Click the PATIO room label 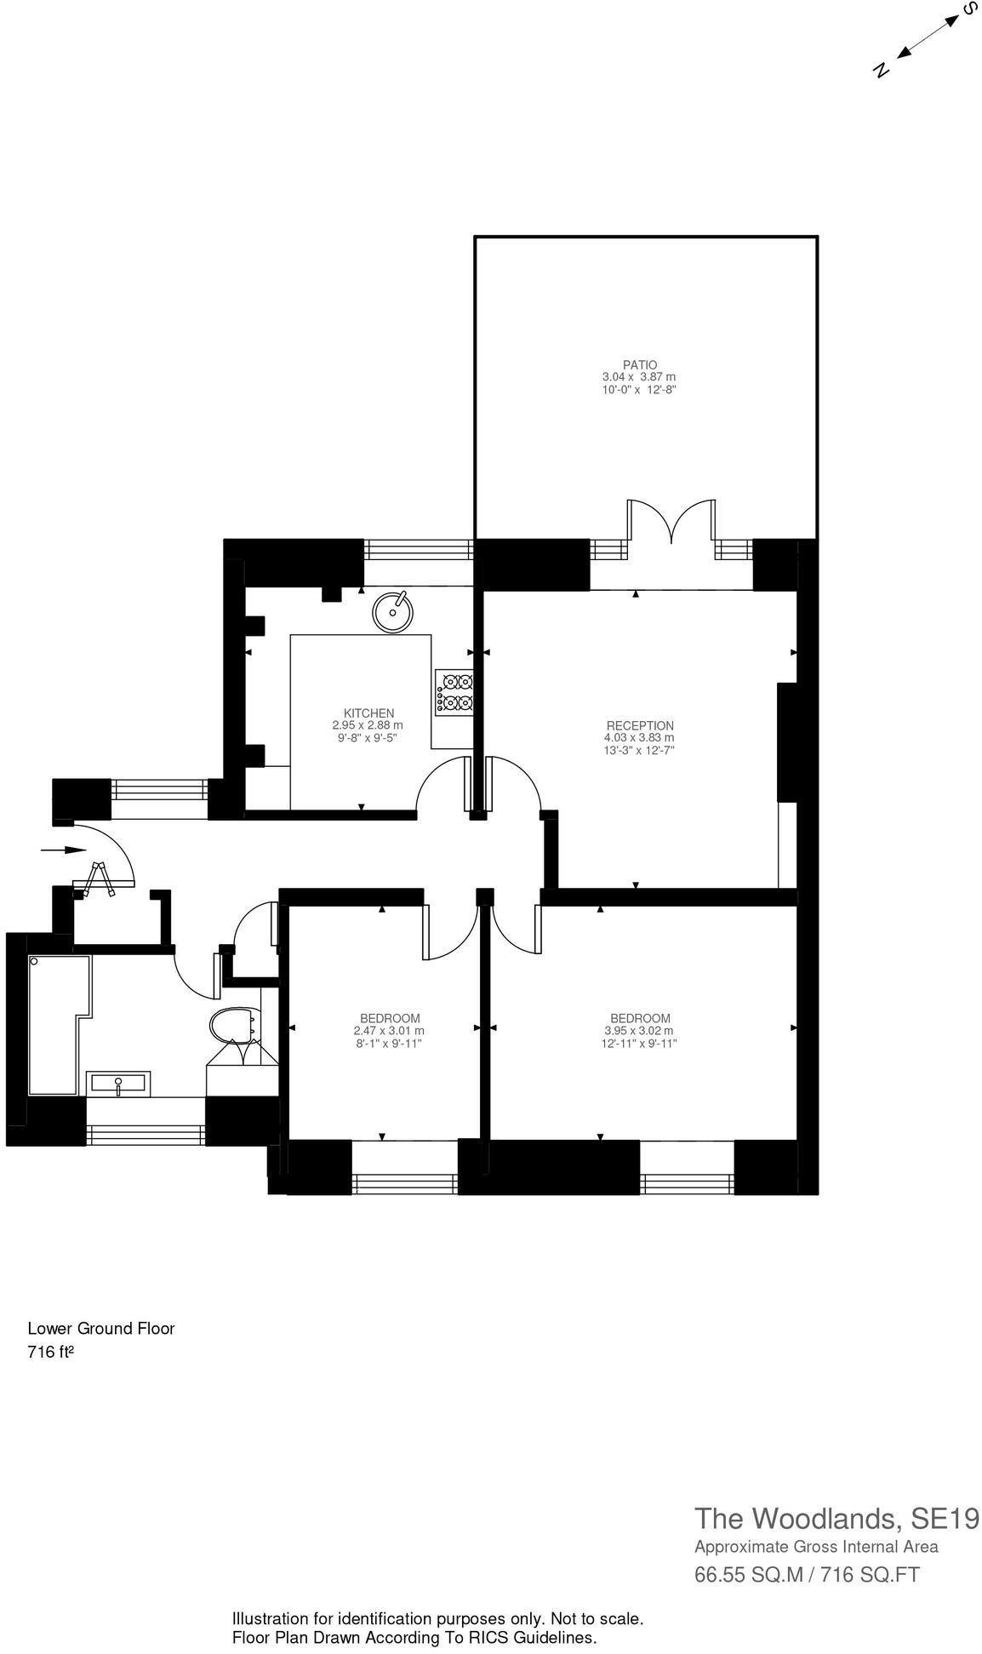(639, 364)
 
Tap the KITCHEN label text (368, 713)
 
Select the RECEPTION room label (640, 725)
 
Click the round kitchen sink (393, 610)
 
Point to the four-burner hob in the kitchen (454, 691)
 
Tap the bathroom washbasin (118, 1084)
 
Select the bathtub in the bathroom (56, 1025)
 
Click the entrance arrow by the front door (64, 850)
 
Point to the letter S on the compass (968, 9)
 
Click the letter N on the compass (882, 71)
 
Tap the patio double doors (671, 522)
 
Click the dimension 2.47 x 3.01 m (390, 1031)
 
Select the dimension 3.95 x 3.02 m (640, 1031)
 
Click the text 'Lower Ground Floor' (101, 1328)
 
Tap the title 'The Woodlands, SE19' (836, 1518)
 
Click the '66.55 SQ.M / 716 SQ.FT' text (807, 1575)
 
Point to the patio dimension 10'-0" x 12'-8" (639, 389)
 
